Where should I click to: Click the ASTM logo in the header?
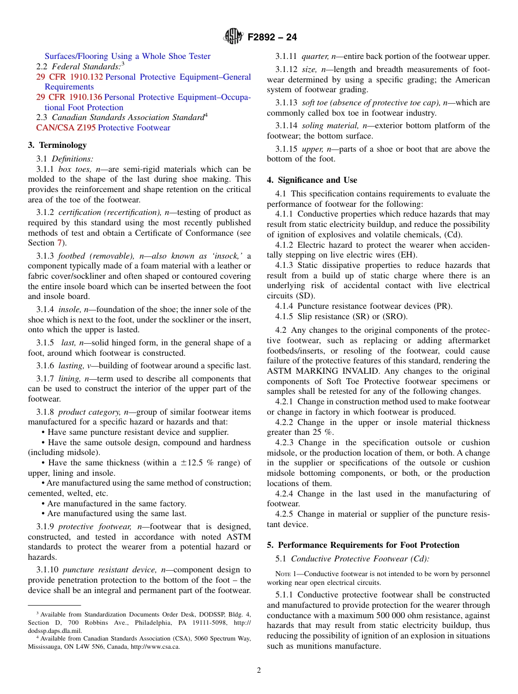(233, 37)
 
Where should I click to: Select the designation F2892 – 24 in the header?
(272, 38)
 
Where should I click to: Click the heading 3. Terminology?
(57, 145)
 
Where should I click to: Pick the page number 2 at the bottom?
(259, 671)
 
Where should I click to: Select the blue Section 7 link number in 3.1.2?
(60, 243)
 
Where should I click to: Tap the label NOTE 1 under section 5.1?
(287, 574)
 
